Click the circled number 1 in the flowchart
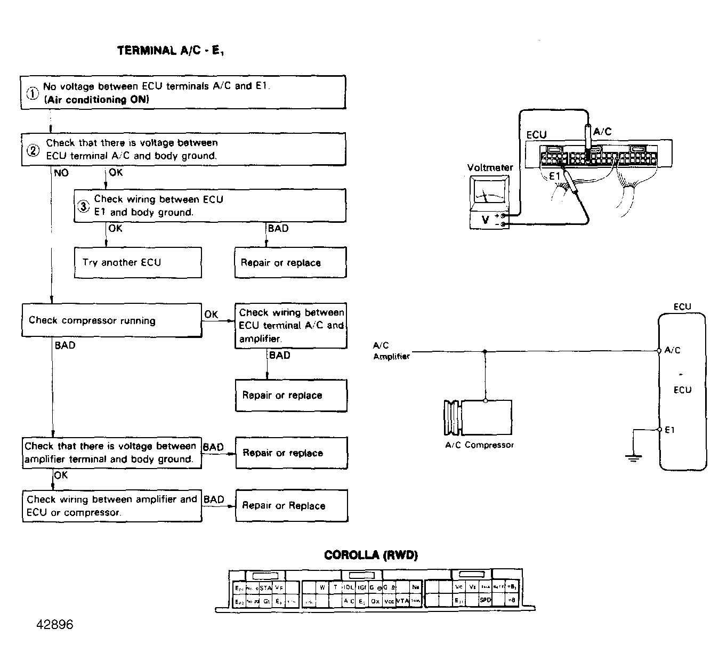coord(33,93)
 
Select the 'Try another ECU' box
coord(138,262)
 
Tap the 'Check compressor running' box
coord(111,320)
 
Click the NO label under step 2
coord(61,173)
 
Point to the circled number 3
coord(83,206)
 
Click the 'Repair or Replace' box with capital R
coord(291,505)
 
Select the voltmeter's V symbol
coord(485,219)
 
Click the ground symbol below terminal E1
coord(633,458)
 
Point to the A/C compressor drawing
coord(478,418)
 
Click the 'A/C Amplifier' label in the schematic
coord(391,351)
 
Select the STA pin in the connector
coord(265,587)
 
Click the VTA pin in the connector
coord(402,601)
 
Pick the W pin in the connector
coord(322,587)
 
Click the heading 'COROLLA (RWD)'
coord(371,555)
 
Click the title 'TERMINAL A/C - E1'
coord(174,51)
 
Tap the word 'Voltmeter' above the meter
coord(490,167)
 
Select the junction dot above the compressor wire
coord(484,351)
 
